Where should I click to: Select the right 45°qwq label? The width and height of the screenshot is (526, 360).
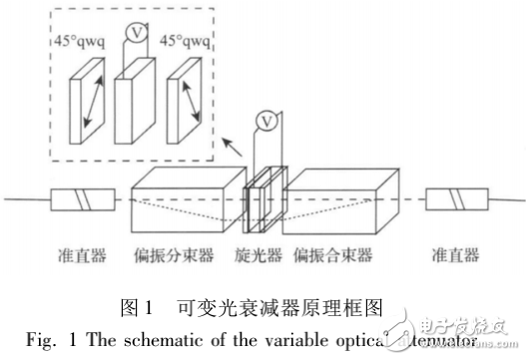(186, 43)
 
